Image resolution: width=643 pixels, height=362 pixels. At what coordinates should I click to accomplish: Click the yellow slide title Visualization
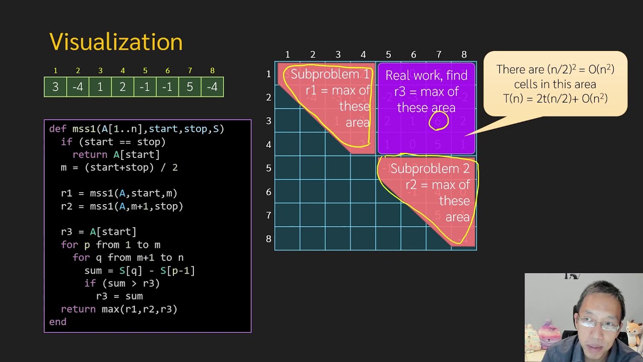point(116,42)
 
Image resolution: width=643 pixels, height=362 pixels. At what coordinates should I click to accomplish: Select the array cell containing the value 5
point(190,87)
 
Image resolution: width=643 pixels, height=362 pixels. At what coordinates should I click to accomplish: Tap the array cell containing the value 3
point(55,87)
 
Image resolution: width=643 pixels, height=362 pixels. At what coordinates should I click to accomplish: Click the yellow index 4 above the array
point(123,71)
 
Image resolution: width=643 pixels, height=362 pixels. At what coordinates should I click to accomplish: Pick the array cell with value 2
point(123,87)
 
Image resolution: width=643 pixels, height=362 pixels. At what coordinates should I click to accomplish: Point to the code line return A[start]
point(116,155)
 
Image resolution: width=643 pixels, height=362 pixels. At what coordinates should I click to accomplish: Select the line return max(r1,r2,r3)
point(119,309)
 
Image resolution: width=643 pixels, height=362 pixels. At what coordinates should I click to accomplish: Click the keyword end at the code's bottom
point(58,322)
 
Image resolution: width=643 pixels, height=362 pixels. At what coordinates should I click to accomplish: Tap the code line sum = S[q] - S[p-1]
point(139,270)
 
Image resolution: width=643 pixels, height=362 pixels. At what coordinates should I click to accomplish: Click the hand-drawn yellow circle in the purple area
point(439,121)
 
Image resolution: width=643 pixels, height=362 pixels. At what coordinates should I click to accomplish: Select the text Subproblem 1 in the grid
point(330,74)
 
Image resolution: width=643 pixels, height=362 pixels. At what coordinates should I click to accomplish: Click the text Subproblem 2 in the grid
point(430,169)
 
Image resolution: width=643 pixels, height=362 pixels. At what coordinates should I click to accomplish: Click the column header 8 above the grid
point(464,54)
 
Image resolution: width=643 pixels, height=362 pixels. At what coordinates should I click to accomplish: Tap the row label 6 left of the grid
point(269,192)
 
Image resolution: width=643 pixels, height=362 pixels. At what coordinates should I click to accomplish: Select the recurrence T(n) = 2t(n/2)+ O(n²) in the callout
point(555,99)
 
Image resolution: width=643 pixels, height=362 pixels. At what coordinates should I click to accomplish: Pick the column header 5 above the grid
point(388,54)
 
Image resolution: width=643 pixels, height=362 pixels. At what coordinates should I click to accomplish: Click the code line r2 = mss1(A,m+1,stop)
point(122,206)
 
